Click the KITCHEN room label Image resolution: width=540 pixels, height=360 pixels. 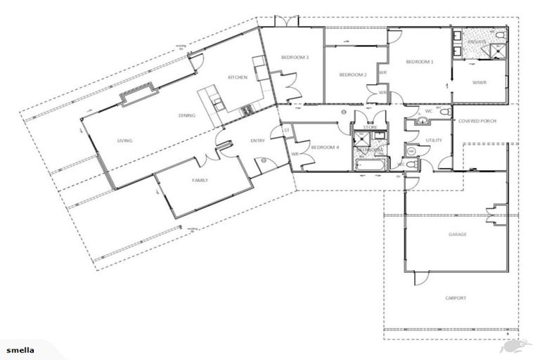click(x=237, y=77)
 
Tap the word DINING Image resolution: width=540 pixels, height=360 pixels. click(x=186, y=115)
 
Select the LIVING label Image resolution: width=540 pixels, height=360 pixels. click(x=125, y=141)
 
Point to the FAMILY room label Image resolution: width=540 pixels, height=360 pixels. click(x=200, y=181)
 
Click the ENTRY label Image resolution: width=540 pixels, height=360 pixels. click(x=257, y=141)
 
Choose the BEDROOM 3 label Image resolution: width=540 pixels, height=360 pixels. click(x=295, y=57)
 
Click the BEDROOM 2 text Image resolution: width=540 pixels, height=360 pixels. click(x=353, y=75)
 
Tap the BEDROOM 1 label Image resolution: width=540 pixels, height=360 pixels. click(x=420, y=62)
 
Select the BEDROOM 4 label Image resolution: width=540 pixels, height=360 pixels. click(x=325, y=147)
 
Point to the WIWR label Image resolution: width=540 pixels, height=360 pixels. click(x=478, y=82)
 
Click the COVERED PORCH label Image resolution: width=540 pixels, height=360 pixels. click(x=477, y=121)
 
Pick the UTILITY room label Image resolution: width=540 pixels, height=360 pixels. click(x=434, y=141)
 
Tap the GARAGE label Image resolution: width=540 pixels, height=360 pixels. click(x=458, y=234)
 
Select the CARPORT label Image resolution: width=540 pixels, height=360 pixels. click(x=456, y=297)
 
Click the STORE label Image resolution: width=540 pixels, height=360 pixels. click(x=370, y=127)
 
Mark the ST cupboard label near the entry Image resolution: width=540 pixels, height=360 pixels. click(x=286, y=130)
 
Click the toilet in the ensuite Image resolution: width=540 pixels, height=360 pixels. click(x=499, y=34)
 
